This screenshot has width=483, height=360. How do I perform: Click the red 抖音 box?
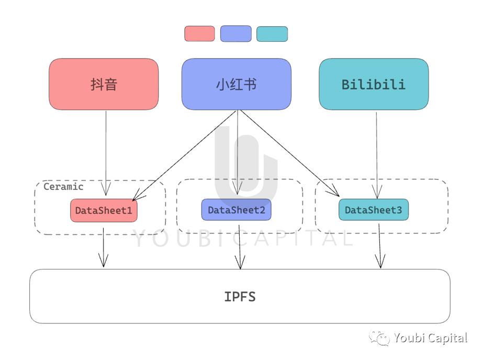coord(104,84)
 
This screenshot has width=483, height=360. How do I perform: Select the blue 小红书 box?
coord(236,84)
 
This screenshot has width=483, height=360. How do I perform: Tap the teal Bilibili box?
coord(373,84)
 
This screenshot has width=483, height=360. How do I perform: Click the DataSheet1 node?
coord(104,210)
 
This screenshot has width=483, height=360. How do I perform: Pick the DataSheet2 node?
coord(236,210)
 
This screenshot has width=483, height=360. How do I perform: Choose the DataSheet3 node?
coord(373,210)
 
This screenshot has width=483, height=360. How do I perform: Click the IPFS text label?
coord(240,297)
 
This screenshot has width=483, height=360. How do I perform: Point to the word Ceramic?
coord(63,187)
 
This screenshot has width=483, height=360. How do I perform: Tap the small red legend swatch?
coord(199,33)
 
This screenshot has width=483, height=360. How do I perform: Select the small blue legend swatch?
coord(235,33)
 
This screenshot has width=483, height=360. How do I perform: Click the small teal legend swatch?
coord(272,34)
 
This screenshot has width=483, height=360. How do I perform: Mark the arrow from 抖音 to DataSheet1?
coord(106,152)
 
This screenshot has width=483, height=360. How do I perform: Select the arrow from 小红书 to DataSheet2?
coord(238,152)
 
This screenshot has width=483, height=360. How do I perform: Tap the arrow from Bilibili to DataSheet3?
coord(376,152)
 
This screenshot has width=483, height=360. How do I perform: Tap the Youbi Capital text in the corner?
coord(430,338)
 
